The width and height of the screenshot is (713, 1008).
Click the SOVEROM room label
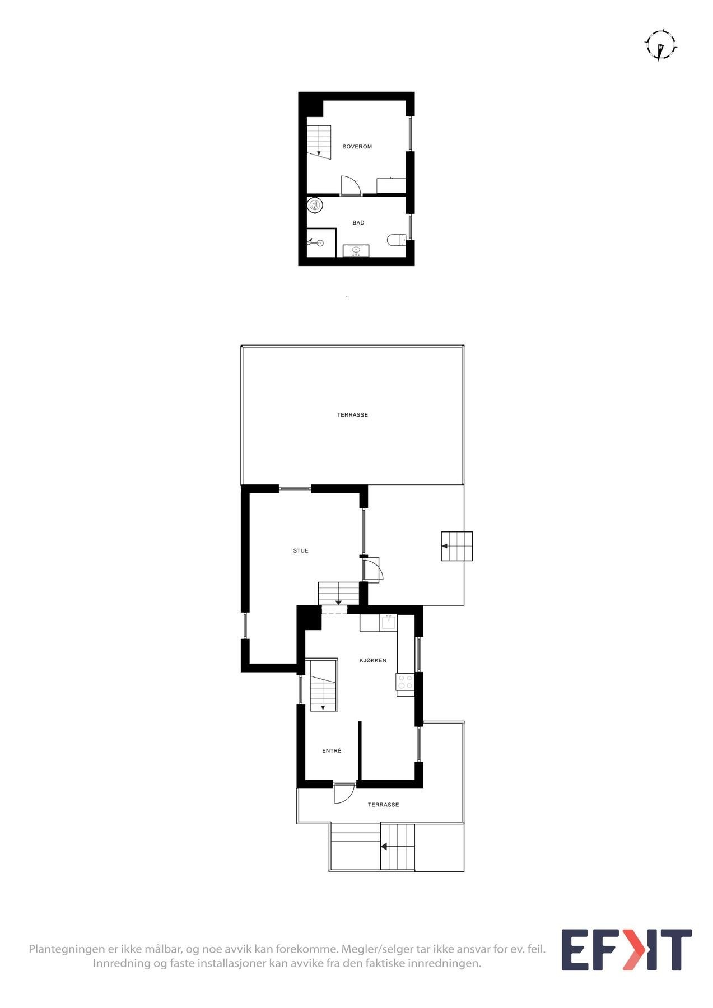coord(357,147)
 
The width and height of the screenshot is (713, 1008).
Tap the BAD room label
coord(358,223)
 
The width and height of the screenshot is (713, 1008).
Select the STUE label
coord(301,551)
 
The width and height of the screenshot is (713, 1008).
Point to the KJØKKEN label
coord(372,661)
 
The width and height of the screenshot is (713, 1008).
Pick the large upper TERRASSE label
coord(352,415)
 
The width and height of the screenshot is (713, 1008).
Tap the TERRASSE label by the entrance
coord(383,805)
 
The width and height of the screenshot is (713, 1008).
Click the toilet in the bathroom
coord(396,240)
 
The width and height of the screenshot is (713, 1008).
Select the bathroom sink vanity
coord(356,251)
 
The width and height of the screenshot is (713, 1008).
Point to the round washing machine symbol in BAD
coord(315,205)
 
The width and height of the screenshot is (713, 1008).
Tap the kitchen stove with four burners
coord(405,682)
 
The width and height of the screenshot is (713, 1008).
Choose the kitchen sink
coord(388,622)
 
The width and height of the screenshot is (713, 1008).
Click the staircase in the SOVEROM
coord(319,140)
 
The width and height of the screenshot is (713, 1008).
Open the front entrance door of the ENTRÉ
coord(344,792)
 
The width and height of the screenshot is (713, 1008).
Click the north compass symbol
coord(661,45)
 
